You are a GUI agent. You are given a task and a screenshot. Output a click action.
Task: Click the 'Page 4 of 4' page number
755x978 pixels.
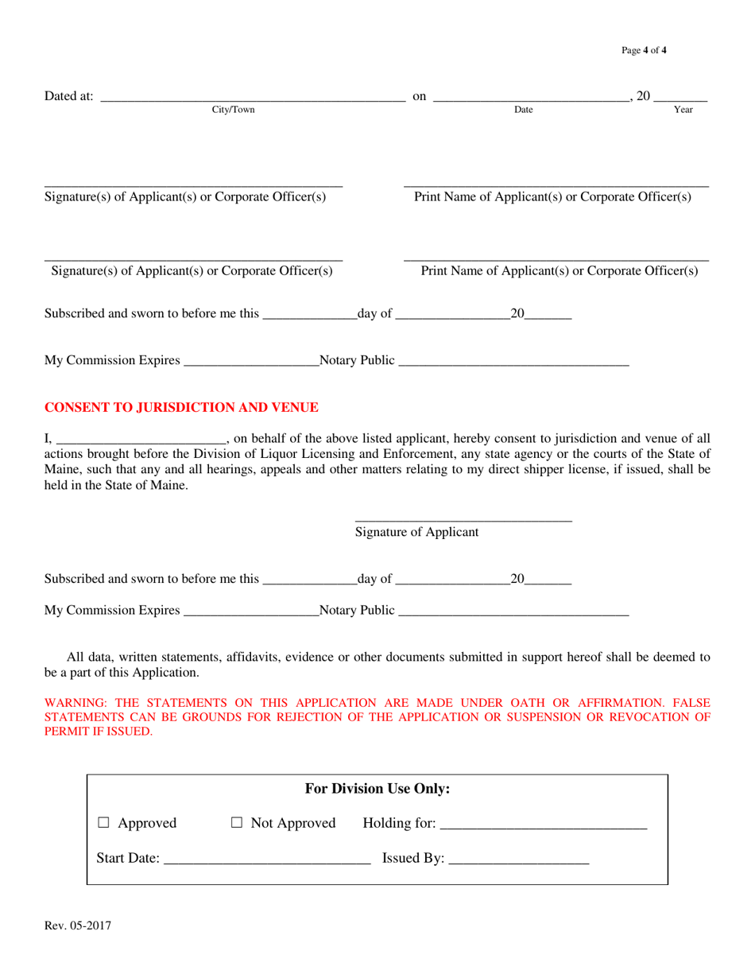click(x=644, y=51)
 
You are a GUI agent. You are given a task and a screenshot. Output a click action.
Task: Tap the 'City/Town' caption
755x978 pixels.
click(x=233, y=110)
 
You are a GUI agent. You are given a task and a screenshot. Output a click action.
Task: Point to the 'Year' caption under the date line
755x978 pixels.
click(x=683, y=110)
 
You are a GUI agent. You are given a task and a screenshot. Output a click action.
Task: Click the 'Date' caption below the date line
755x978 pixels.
click(x=523, y=110)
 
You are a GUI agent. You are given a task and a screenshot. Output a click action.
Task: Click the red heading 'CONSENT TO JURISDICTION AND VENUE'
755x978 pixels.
click(x=181, y=407)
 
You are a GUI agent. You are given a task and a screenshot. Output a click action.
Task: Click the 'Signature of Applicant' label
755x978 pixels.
click(x=416, y=533)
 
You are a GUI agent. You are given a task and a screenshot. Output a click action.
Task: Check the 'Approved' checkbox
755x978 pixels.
click(x=103, y=824)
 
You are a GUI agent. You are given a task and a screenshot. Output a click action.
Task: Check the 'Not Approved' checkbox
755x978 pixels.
click(x=236, y=824)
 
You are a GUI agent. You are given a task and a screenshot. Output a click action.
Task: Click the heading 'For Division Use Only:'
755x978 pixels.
click(x=377, y=789)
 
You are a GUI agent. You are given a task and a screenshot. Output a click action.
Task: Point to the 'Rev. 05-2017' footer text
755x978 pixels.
click(x=78, y=926)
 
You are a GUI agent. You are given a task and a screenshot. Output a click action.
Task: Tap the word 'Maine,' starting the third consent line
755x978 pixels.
click(x=62, y=470)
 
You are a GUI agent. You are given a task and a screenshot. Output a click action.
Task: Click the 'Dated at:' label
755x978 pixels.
click(x=69, y=97)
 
